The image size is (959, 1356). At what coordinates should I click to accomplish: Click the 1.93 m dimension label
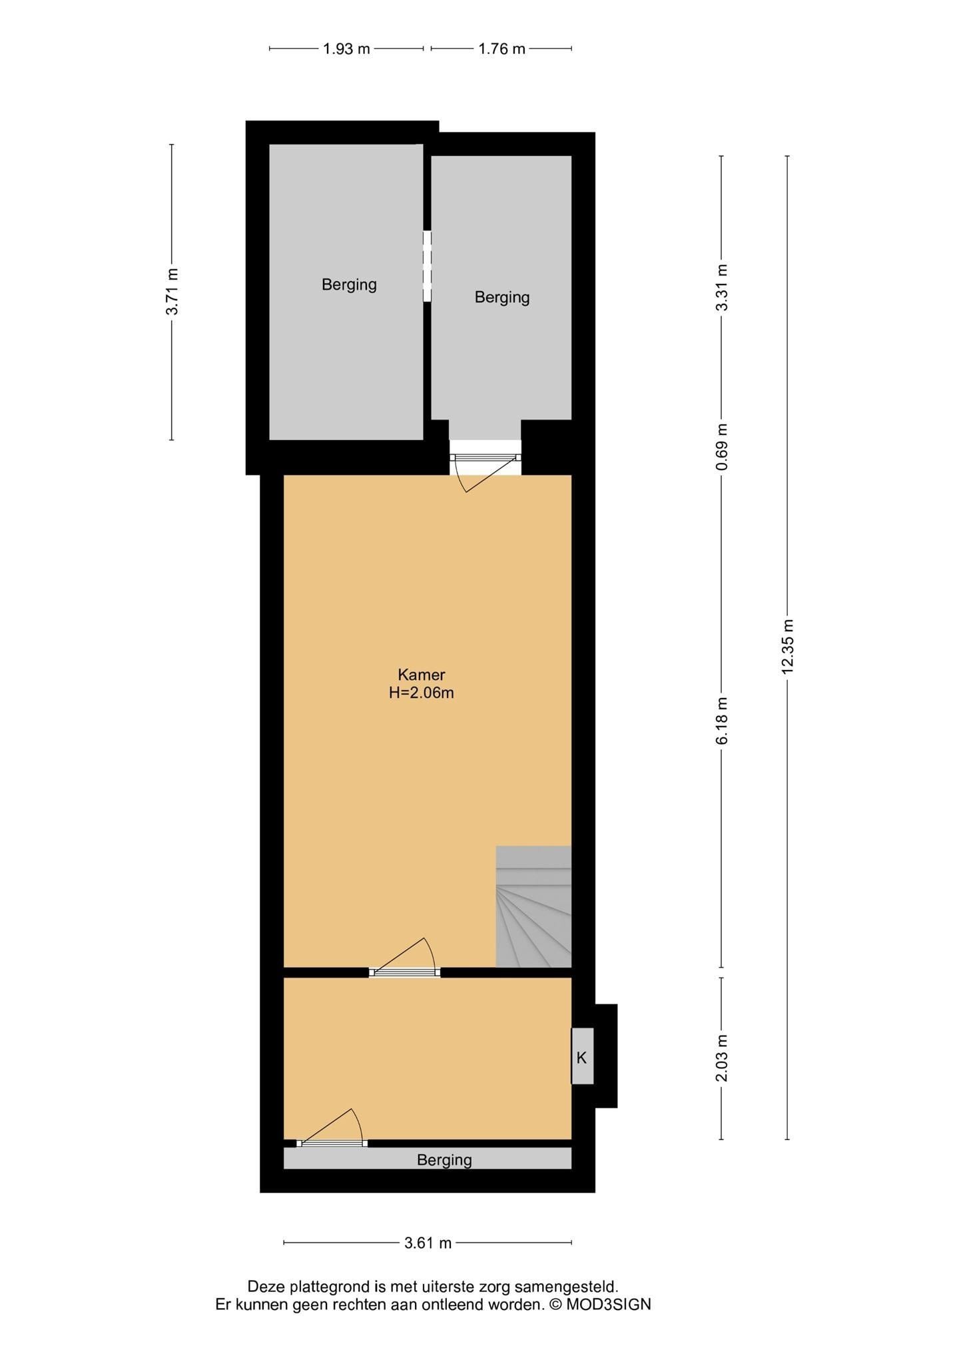(346, 49)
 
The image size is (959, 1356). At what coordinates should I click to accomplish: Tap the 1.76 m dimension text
(501, 49)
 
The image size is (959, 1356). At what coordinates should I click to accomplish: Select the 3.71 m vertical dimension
(172, 292)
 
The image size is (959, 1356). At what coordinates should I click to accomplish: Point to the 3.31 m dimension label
(722, 287)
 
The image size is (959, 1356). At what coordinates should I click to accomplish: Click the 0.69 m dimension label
(722, 446)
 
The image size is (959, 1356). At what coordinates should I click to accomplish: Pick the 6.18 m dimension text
(722, 721)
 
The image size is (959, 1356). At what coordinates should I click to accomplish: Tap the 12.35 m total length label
(788, 647)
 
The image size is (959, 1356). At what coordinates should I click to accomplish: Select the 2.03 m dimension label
(722, 1059)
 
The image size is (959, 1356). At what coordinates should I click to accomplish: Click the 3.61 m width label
(428, 1243)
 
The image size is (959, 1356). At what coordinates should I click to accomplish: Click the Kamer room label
(422, 675)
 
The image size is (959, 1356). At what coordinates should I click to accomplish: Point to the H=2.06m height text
(422, 693)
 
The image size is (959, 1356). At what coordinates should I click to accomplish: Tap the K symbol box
(582, 1057)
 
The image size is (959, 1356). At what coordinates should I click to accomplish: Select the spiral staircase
(533, 906)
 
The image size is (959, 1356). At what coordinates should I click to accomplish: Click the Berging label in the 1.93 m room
(349, 284)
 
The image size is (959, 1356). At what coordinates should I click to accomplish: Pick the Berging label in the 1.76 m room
(502, 297)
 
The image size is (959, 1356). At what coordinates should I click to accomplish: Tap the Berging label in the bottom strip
(444, 1160)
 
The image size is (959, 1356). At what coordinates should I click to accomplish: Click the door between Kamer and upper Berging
(485, 466)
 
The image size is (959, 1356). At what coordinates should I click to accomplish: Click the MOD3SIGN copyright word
(609, 1304)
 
